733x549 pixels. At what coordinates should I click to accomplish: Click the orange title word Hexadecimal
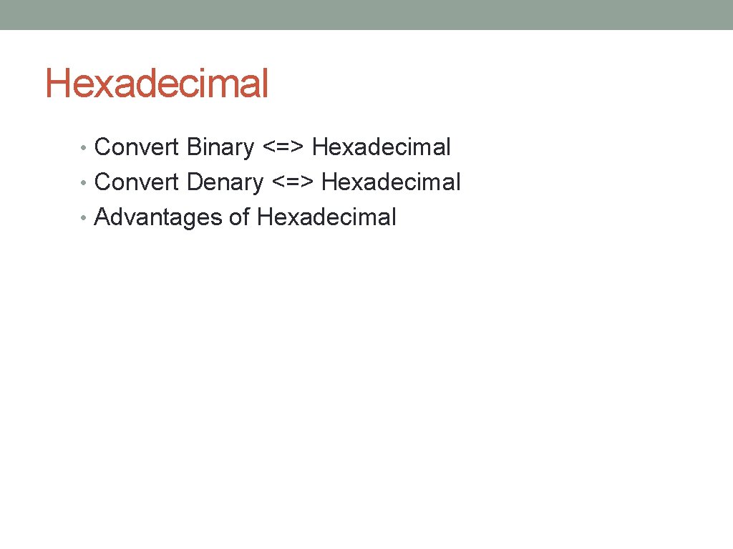coord(157,84)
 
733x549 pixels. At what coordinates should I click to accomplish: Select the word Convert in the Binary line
coord(137,147)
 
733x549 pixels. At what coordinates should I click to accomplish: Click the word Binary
coord(220,147)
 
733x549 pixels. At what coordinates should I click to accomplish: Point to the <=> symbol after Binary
coord(283,148)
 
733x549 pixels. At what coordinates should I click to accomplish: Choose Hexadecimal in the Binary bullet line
coord(382,147)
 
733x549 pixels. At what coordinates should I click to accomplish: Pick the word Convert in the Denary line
coord(137,182)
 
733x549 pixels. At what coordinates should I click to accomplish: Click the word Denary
coord(225,183)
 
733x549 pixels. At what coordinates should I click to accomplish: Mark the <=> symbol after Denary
coord(293,183)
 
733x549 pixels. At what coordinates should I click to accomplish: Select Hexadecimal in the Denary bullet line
coord(391,182)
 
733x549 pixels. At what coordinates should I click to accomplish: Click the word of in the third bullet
coord(239,217)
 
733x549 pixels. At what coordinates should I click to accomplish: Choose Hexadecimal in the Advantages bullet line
coord(326,217)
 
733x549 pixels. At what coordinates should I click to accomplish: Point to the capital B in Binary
coord(193,147)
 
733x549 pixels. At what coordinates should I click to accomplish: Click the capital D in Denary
coord(194,182)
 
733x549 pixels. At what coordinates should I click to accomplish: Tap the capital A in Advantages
coord(102,217)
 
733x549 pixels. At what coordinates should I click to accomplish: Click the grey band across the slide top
coord(366,14)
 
